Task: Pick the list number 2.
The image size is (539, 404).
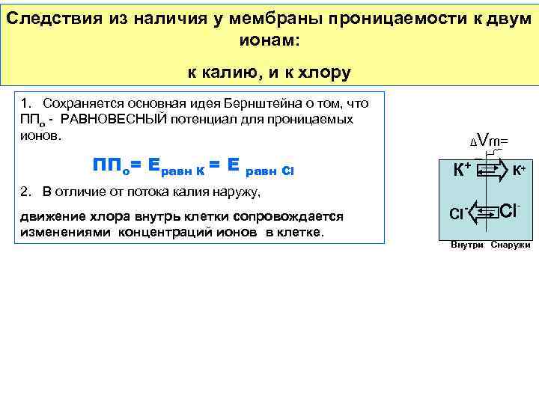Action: point(25,193)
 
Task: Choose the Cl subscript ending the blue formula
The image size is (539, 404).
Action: point(290,171)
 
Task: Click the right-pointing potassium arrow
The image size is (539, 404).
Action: point(490,171)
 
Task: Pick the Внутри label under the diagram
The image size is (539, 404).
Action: point(466,245)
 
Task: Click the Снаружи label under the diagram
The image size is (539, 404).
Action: point(511,245)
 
